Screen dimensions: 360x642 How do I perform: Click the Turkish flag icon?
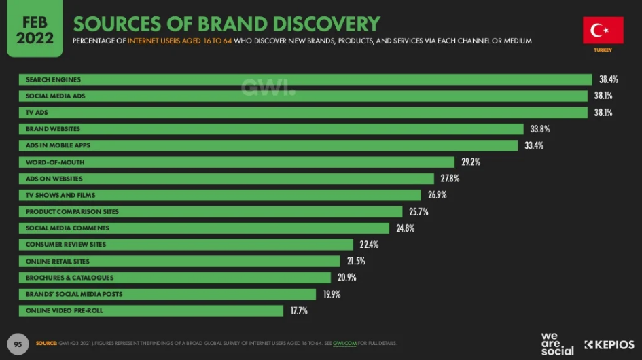pyautogui.click(x=603, y=31)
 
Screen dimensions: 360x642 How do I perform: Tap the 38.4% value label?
pyautogui.click(x=608, y=79)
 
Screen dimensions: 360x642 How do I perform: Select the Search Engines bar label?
pyautogui.click(x=53, y=80)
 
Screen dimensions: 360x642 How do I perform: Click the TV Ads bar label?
pyautogui.click(x=37, y=113)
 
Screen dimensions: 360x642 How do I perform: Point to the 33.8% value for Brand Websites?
pyautogui.click(x=541, y=129)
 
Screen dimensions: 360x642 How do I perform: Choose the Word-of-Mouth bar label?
pyautogui.click(x=55, y=162)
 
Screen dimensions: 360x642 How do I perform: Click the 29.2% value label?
pyautogui.click(x=471, y=162)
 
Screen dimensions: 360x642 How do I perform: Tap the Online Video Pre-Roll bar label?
pyautogui.click(x=65, y=310)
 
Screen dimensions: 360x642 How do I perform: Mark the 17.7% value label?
pyautogui.click(x=299, y=311)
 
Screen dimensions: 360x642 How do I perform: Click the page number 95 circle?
pyautogui.click(x=18, y=344)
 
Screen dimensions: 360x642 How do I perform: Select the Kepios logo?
pyautogui.click(x=609, y=344)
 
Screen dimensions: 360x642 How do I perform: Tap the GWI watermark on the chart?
pyautogui.click(x=269, y=88)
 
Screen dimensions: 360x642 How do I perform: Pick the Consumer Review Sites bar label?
pyautogui.click(x=66, y=245)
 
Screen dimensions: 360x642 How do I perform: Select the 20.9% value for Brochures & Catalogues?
pyautogui.click(x=346, y=278)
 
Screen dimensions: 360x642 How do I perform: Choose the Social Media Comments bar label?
pyautogui.click(x=67, y=228)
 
